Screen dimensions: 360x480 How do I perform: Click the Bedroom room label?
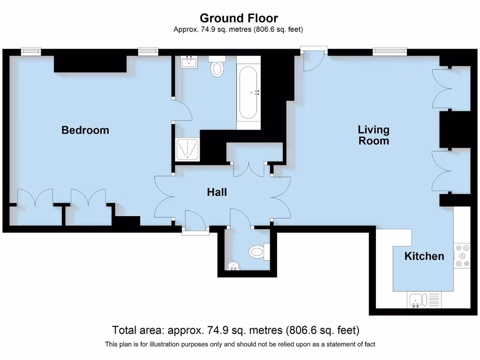(85, 130)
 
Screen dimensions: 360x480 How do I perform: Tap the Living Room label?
(374, 135)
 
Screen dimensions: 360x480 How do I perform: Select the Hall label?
(217, 192)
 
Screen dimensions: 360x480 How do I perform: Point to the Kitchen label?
(424, 256)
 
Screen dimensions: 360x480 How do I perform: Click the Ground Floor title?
(239, 18)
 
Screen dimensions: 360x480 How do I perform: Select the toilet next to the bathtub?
(217, 67)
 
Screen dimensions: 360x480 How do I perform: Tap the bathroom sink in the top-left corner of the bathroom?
(189, 62)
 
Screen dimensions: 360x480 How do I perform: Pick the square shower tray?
(187, 150)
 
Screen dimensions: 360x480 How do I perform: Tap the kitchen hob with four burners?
(462, 256)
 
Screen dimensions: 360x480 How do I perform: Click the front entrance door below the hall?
(195, 221)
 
